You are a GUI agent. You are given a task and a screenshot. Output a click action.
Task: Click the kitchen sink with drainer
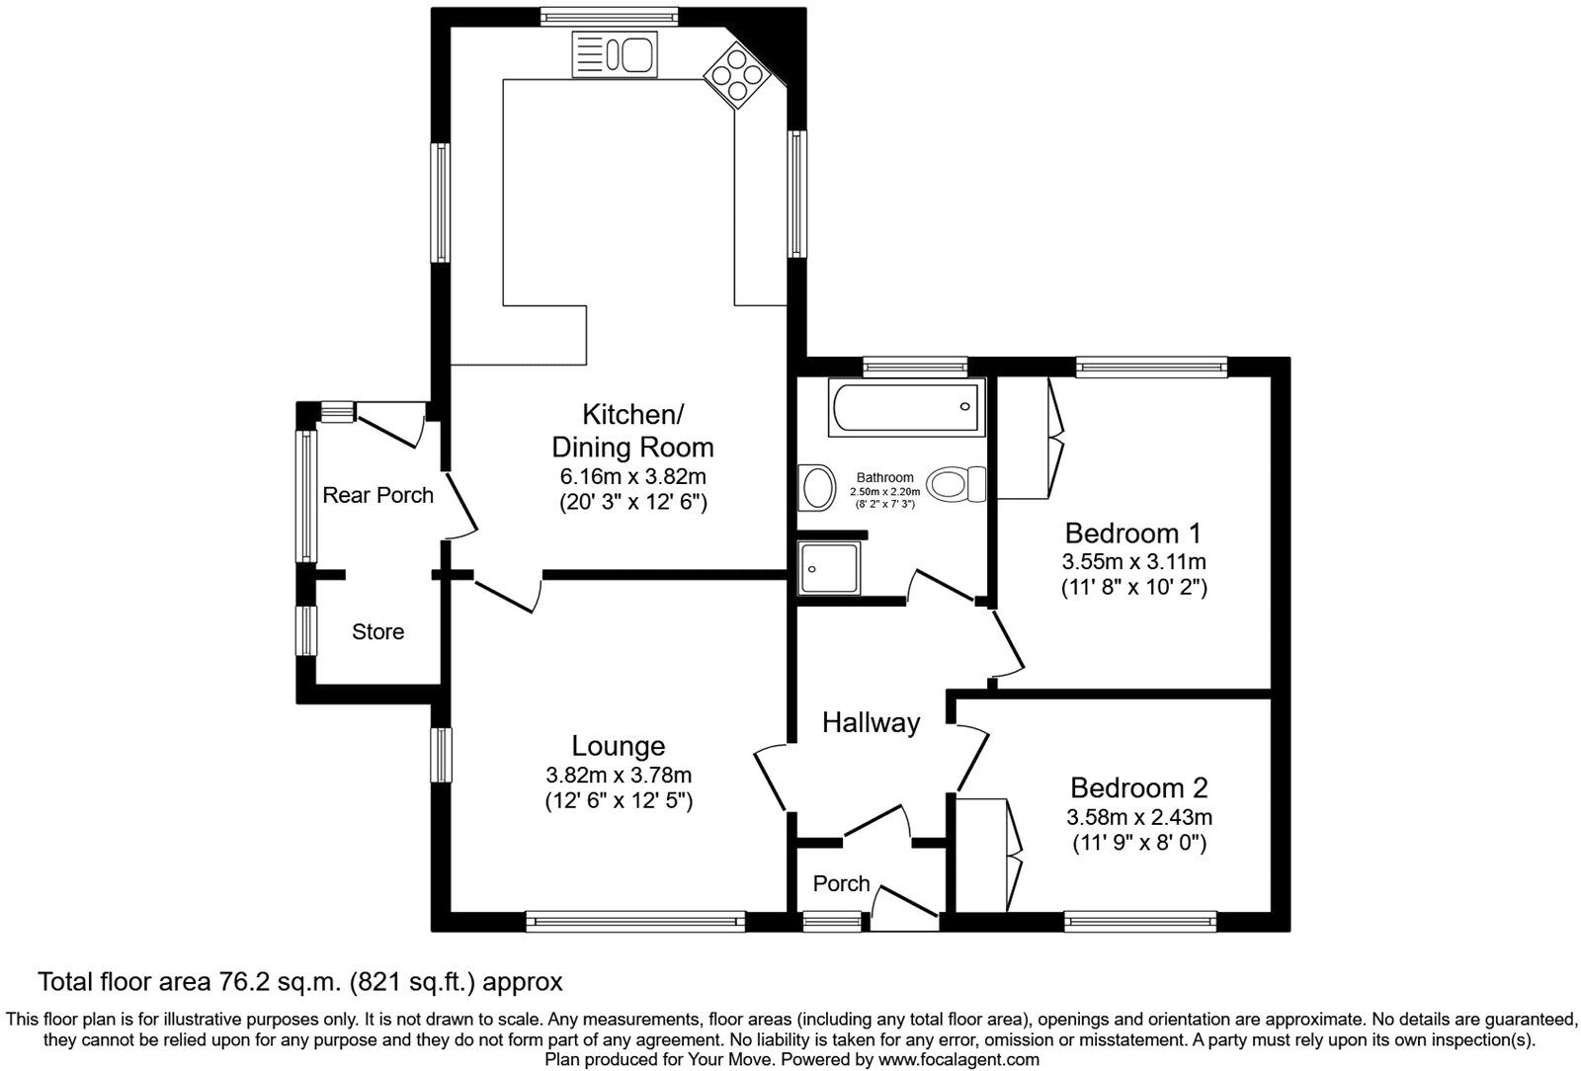pos(614,54)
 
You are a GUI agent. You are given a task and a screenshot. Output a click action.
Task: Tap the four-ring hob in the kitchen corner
pos(735,75)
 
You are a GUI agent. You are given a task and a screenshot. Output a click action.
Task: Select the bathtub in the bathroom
pos(907,408)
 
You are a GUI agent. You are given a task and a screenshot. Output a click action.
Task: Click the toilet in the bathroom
pos(956,484)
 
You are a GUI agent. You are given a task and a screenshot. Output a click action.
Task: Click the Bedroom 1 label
pos(1132,534)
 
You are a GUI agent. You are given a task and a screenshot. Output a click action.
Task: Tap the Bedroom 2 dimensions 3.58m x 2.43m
pos(1138,817)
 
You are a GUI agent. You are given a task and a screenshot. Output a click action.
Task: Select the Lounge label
pos(618,746)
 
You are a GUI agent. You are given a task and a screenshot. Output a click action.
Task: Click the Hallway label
pos(871,722)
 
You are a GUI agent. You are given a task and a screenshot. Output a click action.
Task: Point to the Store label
pos(377,631)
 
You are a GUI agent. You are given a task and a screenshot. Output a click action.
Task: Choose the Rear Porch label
pos(377,495)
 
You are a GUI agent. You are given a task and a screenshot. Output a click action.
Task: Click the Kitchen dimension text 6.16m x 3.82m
pos(632,476)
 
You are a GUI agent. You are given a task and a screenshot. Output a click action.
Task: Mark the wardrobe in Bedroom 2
pos(988,855)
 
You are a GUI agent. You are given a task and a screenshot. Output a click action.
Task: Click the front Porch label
pos(841,883)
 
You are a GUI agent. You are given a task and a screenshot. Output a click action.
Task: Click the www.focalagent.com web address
pos(958,1059)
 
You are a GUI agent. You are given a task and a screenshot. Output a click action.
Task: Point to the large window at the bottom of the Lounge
pos(635,922)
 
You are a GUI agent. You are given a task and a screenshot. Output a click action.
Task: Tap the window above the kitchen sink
pos(610,16)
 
